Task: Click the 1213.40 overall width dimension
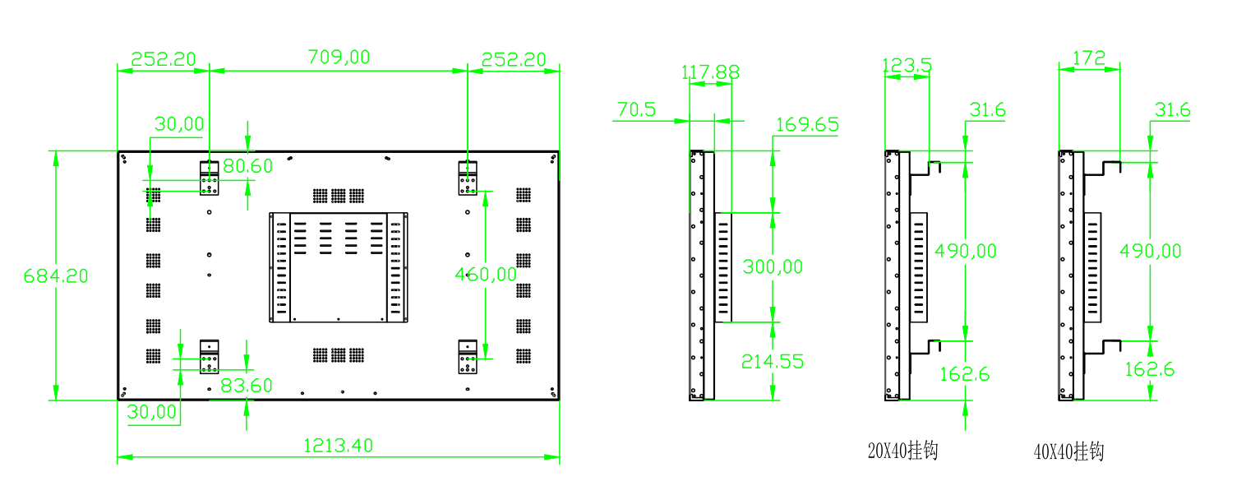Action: point(338,446)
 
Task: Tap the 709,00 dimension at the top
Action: point(339,57)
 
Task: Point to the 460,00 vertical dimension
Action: point(486,274)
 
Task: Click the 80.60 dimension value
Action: point(247,166)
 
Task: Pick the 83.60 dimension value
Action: point(247,385)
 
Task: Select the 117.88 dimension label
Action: point(710,72)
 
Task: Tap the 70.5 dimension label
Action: point(636,109)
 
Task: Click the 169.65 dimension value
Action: point(807,124)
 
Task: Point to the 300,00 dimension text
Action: point(772,266)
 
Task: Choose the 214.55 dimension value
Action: point(772,361)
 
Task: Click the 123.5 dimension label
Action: point(907,66)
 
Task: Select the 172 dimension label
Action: point(1089,58)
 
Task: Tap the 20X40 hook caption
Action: point(902,451)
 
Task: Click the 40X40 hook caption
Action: point(1068,451)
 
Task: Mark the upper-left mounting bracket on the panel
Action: point(210,178)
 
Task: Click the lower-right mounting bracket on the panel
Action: point(468,356)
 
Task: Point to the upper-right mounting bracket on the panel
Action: point(468,178)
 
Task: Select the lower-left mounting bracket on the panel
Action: point(210,356)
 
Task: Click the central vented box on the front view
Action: point(339,267)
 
